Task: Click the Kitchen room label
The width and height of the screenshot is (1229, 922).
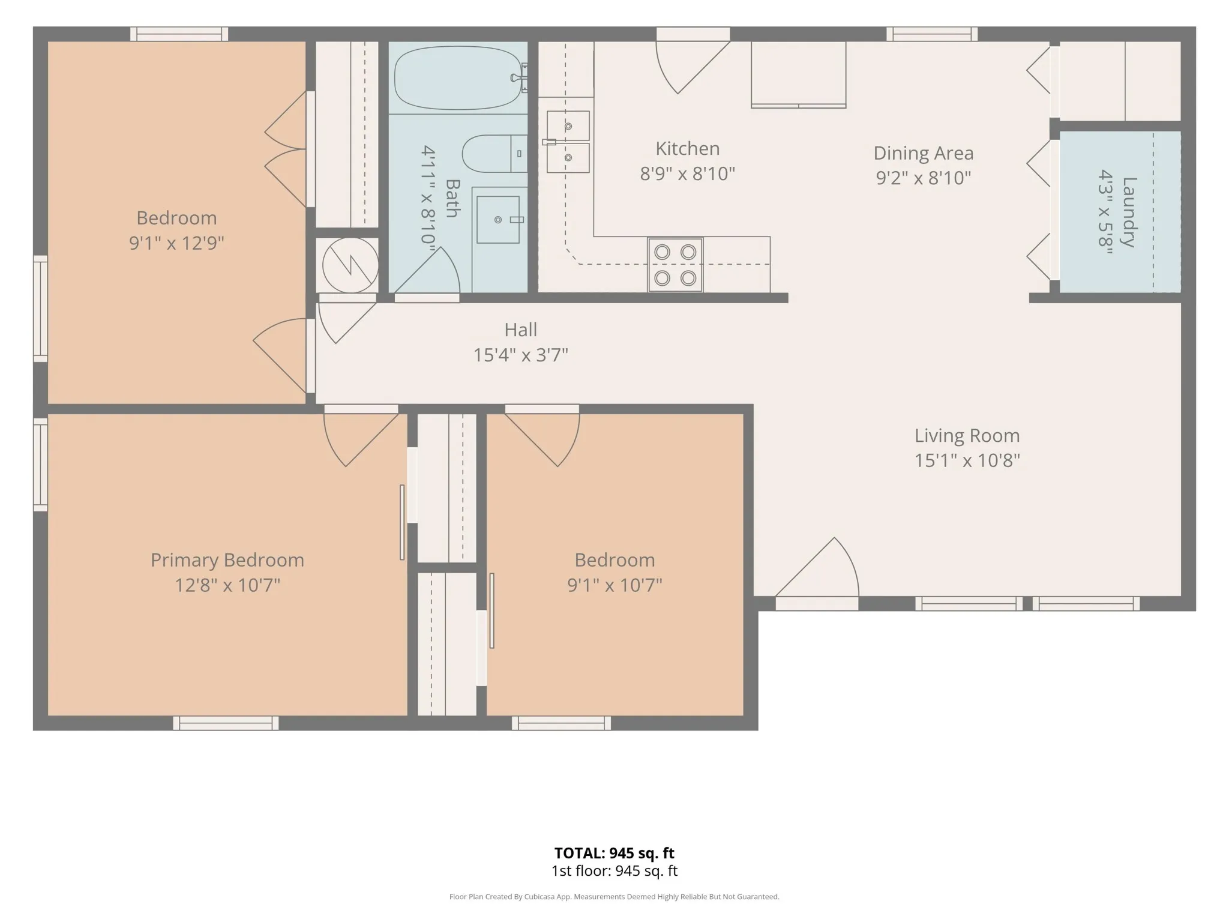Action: (687, 148)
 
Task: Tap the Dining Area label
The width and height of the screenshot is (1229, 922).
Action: (923, 153)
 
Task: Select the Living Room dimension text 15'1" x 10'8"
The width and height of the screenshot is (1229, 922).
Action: (967, 460)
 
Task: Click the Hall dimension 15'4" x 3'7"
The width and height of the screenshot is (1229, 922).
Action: (520, 355)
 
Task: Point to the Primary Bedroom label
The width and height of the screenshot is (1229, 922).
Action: (227, 560)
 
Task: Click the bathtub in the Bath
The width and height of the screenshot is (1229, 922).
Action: (458, 78)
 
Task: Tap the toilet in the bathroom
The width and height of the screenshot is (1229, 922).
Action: (494, 154)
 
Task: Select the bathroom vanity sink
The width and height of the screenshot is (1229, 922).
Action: (498, 220)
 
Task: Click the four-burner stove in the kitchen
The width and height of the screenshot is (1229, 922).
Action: (675, 265)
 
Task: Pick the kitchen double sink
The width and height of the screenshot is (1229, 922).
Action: (567, 142)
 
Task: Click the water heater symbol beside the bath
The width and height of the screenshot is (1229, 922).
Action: (350, 265)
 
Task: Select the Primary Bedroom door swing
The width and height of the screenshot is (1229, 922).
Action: (361, 439)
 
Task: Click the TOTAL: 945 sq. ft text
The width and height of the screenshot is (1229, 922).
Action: (614, 853)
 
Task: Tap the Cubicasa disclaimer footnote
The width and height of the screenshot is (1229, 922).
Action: (614, 897)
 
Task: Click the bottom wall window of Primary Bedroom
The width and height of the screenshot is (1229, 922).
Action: (226, 723)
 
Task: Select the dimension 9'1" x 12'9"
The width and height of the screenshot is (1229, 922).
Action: (176, 243)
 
